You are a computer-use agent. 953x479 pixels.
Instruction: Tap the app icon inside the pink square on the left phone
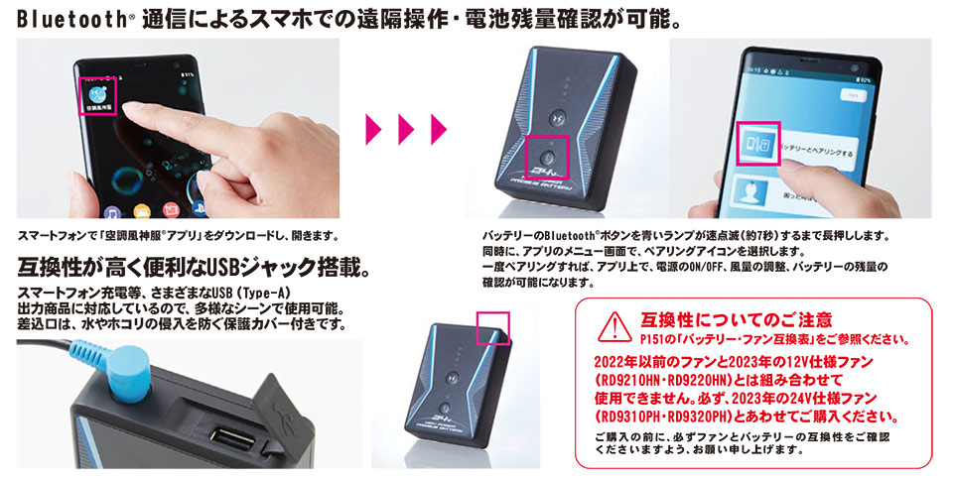point(97,93)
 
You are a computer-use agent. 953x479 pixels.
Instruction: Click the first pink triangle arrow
point(373,129)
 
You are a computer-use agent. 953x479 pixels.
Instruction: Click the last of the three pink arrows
point(439,129)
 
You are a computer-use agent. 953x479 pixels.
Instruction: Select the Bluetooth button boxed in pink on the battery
point(546,157)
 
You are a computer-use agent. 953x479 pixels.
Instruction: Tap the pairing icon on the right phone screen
point(757,143)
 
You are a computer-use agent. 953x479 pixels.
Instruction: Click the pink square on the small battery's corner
point(493,328)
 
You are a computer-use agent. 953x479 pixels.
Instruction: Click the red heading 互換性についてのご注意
point(736,318)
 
